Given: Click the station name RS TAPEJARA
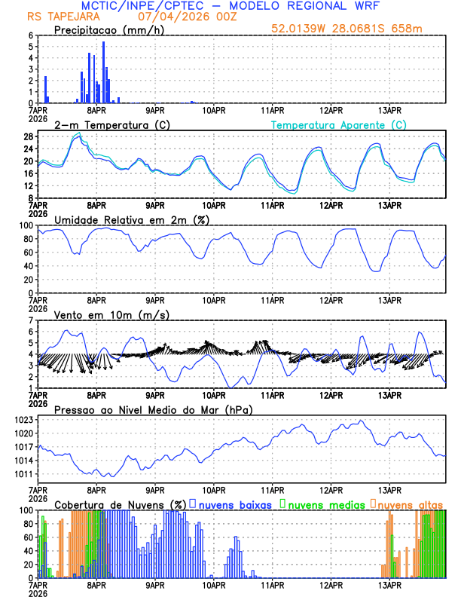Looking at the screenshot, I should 56,16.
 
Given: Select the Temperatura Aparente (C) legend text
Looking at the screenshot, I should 338,124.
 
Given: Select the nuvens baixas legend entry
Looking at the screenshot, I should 235,504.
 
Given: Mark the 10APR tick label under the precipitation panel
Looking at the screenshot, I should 214,110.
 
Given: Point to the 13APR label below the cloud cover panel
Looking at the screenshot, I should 389,585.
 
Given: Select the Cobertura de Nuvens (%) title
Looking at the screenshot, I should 120,504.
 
